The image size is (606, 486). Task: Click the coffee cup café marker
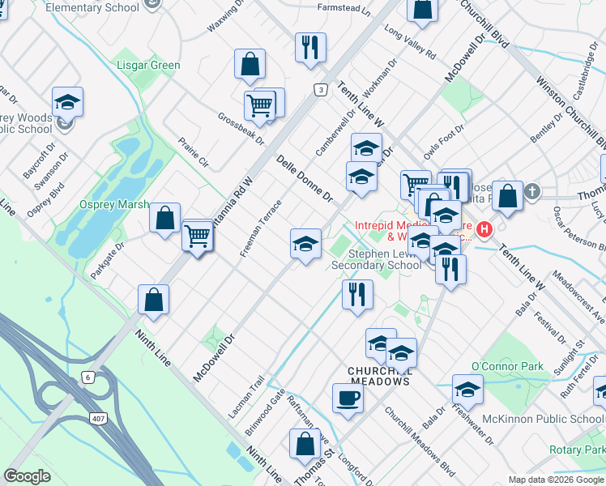click(x=348, y=399)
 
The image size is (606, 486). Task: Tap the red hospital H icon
click(x=484, y=229)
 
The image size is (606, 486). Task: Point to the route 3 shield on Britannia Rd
click(x=322, y=90)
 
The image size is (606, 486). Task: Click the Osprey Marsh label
click(x=114, y=204)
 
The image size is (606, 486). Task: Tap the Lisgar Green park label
click(x=148, y=65)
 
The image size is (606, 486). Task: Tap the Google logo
click(x=28, y=475)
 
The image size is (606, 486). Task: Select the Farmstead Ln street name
click(x=344, y=13)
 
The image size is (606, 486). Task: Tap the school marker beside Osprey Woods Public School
click(x=68, y=103)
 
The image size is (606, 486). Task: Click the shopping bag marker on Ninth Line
click(x=154, y=300)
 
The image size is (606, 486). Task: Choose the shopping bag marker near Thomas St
click(x=305, y=444)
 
